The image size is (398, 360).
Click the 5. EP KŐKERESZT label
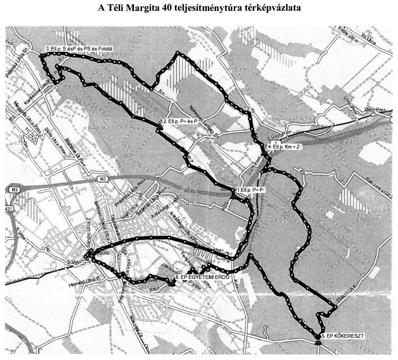pos(343,337)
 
